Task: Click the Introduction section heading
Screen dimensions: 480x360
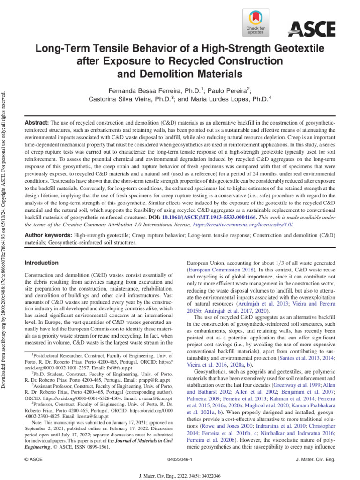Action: [x=42, y=262]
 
